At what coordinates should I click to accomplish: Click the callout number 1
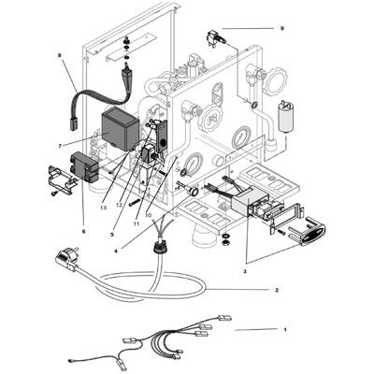(285, 330)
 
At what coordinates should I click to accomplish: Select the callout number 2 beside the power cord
(277, 290)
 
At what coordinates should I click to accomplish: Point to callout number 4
(116, 250)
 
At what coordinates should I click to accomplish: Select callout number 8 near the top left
(59, 56)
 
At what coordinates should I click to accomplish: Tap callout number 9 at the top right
(281, 28)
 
